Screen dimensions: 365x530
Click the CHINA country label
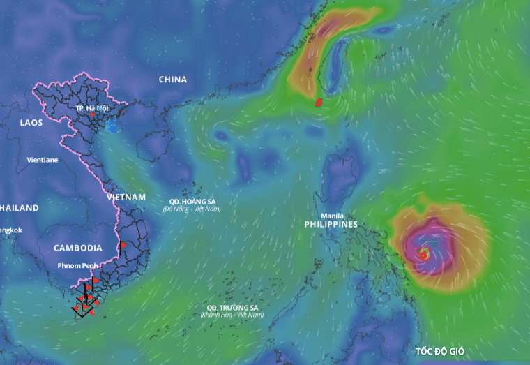pyautogui.click(x=172, y=80)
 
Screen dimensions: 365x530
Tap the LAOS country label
pyautogui.click(x=31, y=123)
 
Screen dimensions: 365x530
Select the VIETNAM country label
pyautogui.click(x=126, y=198)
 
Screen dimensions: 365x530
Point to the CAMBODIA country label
pyautogui.click(x=78, y=248)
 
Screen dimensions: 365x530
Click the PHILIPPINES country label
pyautogui.click(x=331, y=225)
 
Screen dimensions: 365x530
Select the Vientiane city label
pyautogui.click(x=43, y=160)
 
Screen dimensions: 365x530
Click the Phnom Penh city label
pyautogui.click(x=79, y=266)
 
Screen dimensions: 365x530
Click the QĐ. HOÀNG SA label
pyautogui.click(x=192, y=202)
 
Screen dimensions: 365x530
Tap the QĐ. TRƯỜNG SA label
pyautogui.click(x=232, y=308)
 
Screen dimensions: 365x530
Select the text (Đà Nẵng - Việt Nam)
pyautogui.click(x=192, y=209)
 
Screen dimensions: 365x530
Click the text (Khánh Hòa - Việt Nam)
pyautogui.click(x=232, y=315)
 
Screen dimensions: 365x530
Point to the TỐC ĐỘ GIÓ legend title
pyautogui.click(x=440, y=351)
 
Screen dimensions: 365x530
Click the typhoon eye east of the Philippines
pyautogui.click(x=423, y=253)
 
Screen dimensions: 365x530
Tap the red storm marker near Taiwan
pyautogui.click(x=319, y=103)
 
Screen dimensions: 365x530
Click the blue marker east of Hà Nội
pyautogui.click(x=112, y=126)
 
